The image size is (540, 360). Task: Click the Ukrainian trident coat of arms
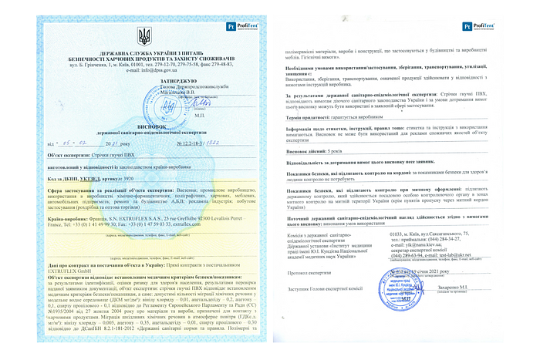click(144, 36)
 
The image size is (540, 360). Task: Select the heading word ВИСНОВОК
click(144, 109)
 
